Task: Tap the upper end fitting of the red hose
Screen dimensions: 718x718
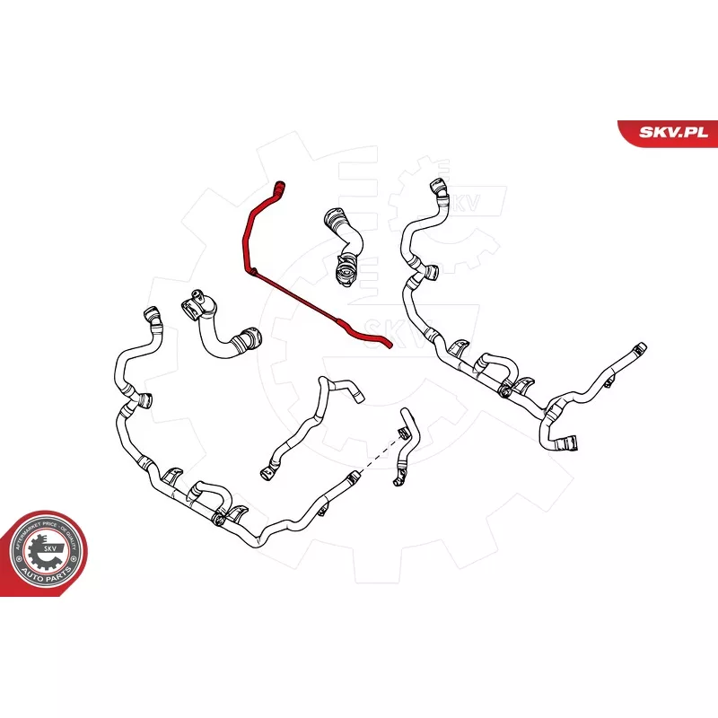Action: (x=280, y=188)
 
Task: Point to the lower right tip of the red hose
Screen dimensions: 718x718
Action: (x=387, y=343)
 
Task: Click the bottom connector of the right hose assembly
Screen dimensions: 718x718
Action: (x=567, y=441)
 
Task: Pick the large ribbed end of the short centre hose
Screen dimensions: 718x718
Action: (x=341, y=269)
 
